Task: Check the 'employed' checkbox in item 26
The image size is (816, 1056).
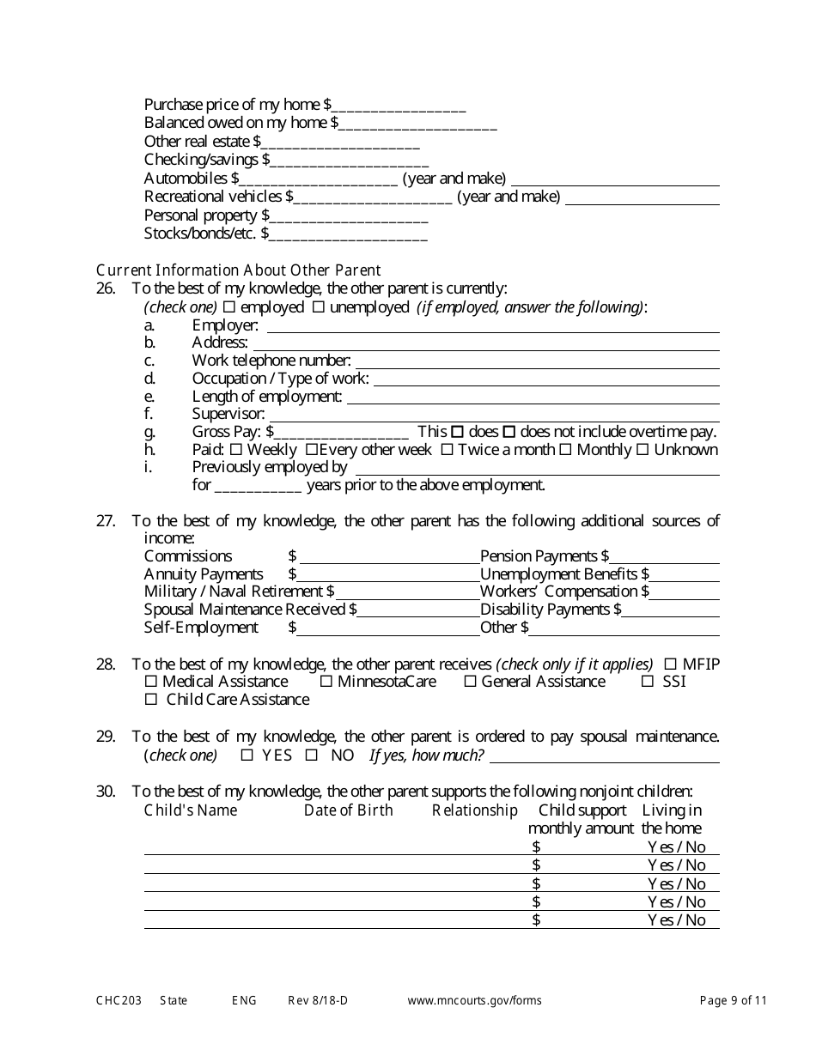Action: coord(228,307)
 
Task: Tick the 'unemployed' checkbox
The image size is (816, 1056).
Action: coord(318,307)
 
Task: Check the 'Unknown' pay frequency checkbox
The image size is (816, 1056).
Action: coord(642,450)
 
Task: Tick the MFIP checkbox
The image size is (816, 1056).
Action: coord(671,665)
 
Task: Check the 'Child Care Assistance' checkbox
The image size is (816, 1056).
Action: coord(151,700)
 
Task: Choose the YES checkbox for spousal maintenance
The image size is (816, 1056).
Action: coord(247,756)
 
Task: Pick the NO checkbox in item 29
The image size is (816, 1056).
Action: coord(313,756)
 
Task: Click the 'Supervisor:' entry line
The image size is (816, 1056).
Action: coord(494,415)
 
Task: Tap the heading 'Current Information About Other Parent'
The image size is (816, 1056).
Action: coord(238,270)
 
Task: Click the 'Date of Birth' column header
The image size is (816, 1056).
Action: coord(348,810)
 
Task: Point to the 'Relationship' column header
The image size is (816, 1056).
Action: coord(474,810)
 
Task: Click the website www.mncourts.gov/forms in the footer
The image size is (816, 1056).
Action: coord(474,1000)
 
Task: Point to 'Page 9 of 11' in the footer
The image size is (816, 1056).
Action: coord(733,1000)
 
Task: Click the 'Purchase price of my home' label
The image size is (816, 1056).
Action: coord(232,105)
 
